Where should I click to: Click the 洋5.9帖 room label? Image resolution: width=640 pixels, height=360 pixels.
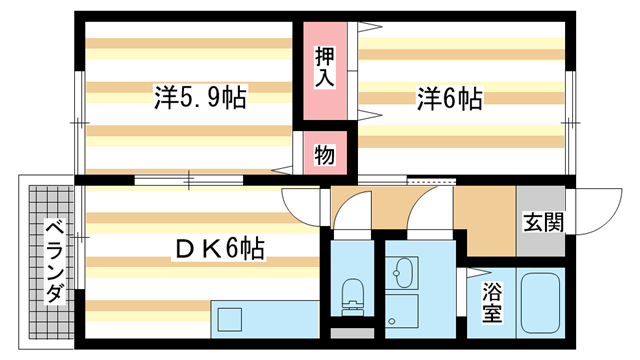pos(200,98)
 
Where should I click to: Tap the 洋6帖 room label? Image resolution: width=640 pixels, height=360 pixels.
pos(450,98)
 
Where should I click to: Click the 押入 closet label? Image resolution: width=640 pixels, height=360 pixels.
pos(325,65)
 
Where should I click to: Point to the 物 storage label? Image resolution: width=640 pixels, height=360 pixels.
pos(325,155)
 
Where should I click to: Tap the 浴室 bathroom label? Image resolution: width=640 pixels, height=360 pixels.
pos(492,304)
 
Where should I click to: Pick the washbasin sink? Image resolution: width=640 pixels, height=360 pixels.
pos(404,271)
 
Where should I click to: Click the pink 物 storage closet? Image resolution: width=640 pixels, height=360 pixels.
pos(325,155)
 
